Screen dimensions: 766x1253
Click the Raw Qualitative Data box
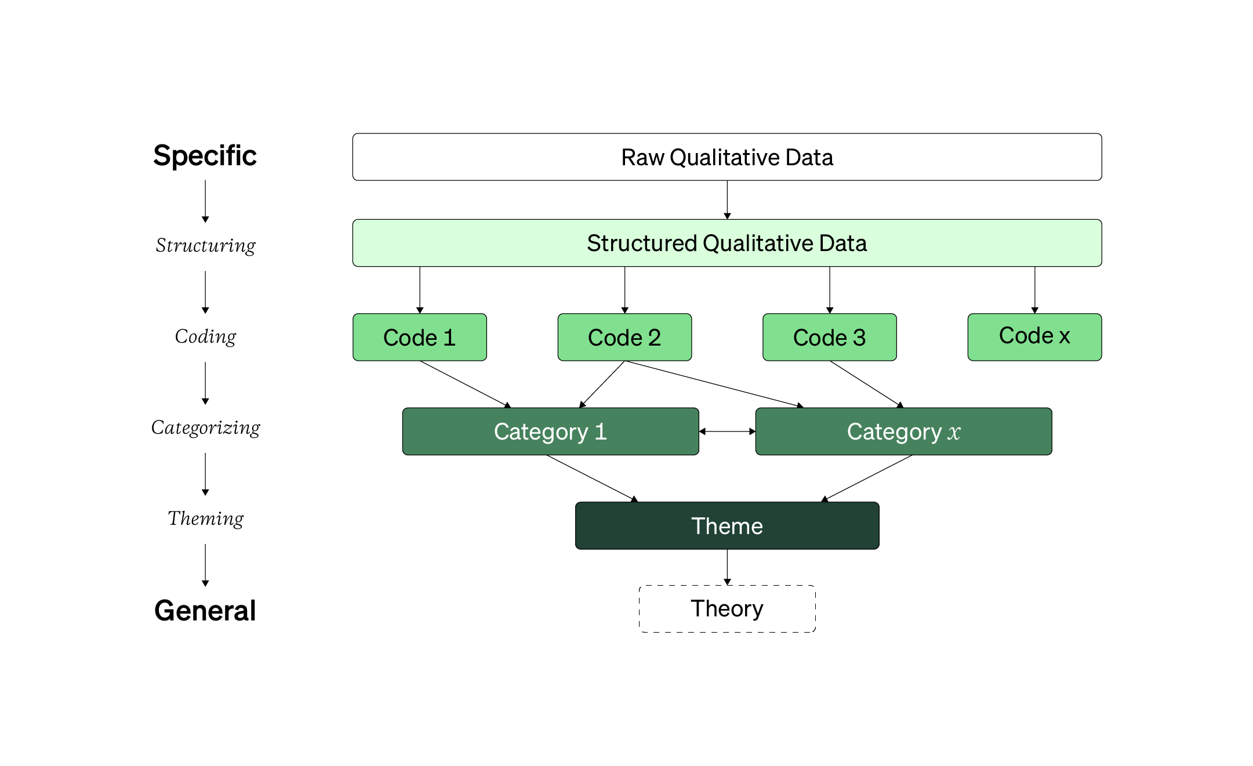tap(727, 157)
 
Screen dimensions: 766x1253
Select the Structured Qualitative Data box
tap(727, 243)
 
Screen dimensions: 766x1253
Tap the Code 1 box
tap(419, 337)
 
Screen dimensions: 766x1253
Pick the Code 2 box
tap(624, 337)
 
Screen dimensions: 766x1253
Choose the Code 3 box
tap(829, 337)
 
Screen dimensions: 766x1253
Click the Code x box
tap(1034, 337)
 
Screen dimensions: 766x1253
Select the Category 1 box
tap(550, 431)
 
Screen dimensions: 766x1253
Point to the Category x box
tap(903, 431)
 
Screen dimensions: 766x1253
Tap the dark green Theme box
tap(727, 525)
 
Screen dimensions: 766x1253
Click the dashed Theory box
tap(727, 609)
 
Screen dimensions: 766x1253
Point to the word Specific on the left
tap(205, 155)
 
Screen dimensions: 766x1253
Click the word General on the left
tap(205, 610)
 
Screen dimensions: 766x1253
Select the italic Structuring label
tap(205, 246)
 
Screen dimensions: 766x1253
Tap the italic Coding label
tap(205, 336)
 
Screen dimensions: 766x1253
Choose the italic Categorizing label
tap(205, 428)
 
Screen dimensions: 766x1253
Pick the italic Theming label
tap(205, 518)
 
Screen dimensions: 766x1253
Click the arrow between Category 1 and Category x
tap(727, 431)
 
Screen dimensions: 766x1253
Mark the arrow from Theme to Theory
tap(727, 567)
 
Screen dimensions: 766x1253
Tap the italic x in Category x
tap(954, 433)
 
